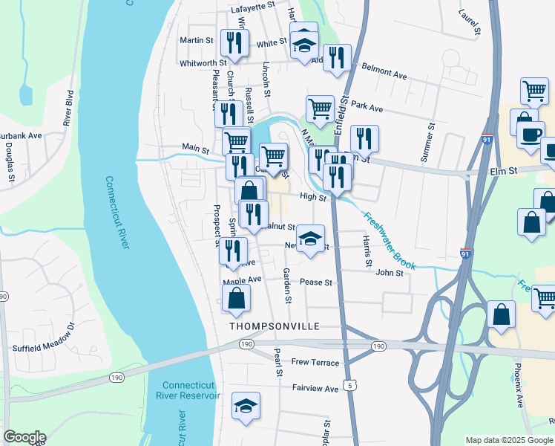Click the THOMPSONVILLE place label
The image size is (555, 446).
coord(274,326)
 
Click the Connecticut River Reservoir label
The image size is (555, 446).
coord(191,390)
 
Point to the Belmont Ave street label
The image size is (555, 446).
coord(384,71)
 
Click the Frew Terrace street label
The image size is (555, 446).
coord(315,363)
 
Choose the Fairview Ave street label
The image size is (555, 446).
coord(315,388)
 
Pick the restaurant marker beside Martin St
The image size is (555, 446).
coord(235,42)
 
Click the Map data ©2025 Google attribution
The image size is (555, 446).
coord(509,440)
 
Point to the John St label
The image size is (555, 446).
coord(389,273)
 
